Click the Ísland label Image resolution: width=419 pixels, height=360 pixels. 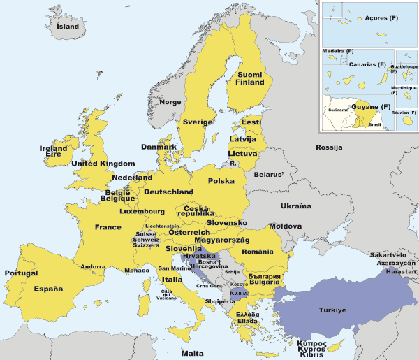tap(68, 27)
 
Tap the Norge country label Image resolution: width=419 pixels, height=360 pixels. tap(170, 102)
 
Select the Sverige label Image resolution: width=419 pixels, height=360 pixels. tap(198, 122)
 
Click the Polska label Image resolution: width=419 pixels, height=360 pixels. tap(221, 181)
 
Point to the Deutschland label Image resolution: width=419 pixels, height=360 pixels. tap(168, 192)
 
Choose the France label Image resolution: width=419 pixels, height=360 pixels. tap(108, 227)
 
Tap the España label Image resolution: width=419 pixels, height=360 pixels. tap(49, 289)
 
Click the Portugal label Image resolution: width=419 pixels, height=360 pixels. tap(21, 273)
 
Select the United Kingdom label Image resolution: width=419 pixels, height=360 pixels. tap(103, 164)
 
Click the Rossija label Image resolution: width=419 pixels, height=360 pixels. tap(329, 147)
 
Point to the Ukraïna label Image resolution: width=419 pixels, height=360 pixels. tap(296, 207)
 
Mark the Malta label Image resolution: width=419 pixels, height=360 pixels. tap(193, 353)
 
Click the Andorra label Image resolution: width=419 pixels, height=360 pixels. tap(93, 266)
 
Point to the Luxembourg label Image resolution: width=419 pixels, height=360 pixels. tap(142, 211)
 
